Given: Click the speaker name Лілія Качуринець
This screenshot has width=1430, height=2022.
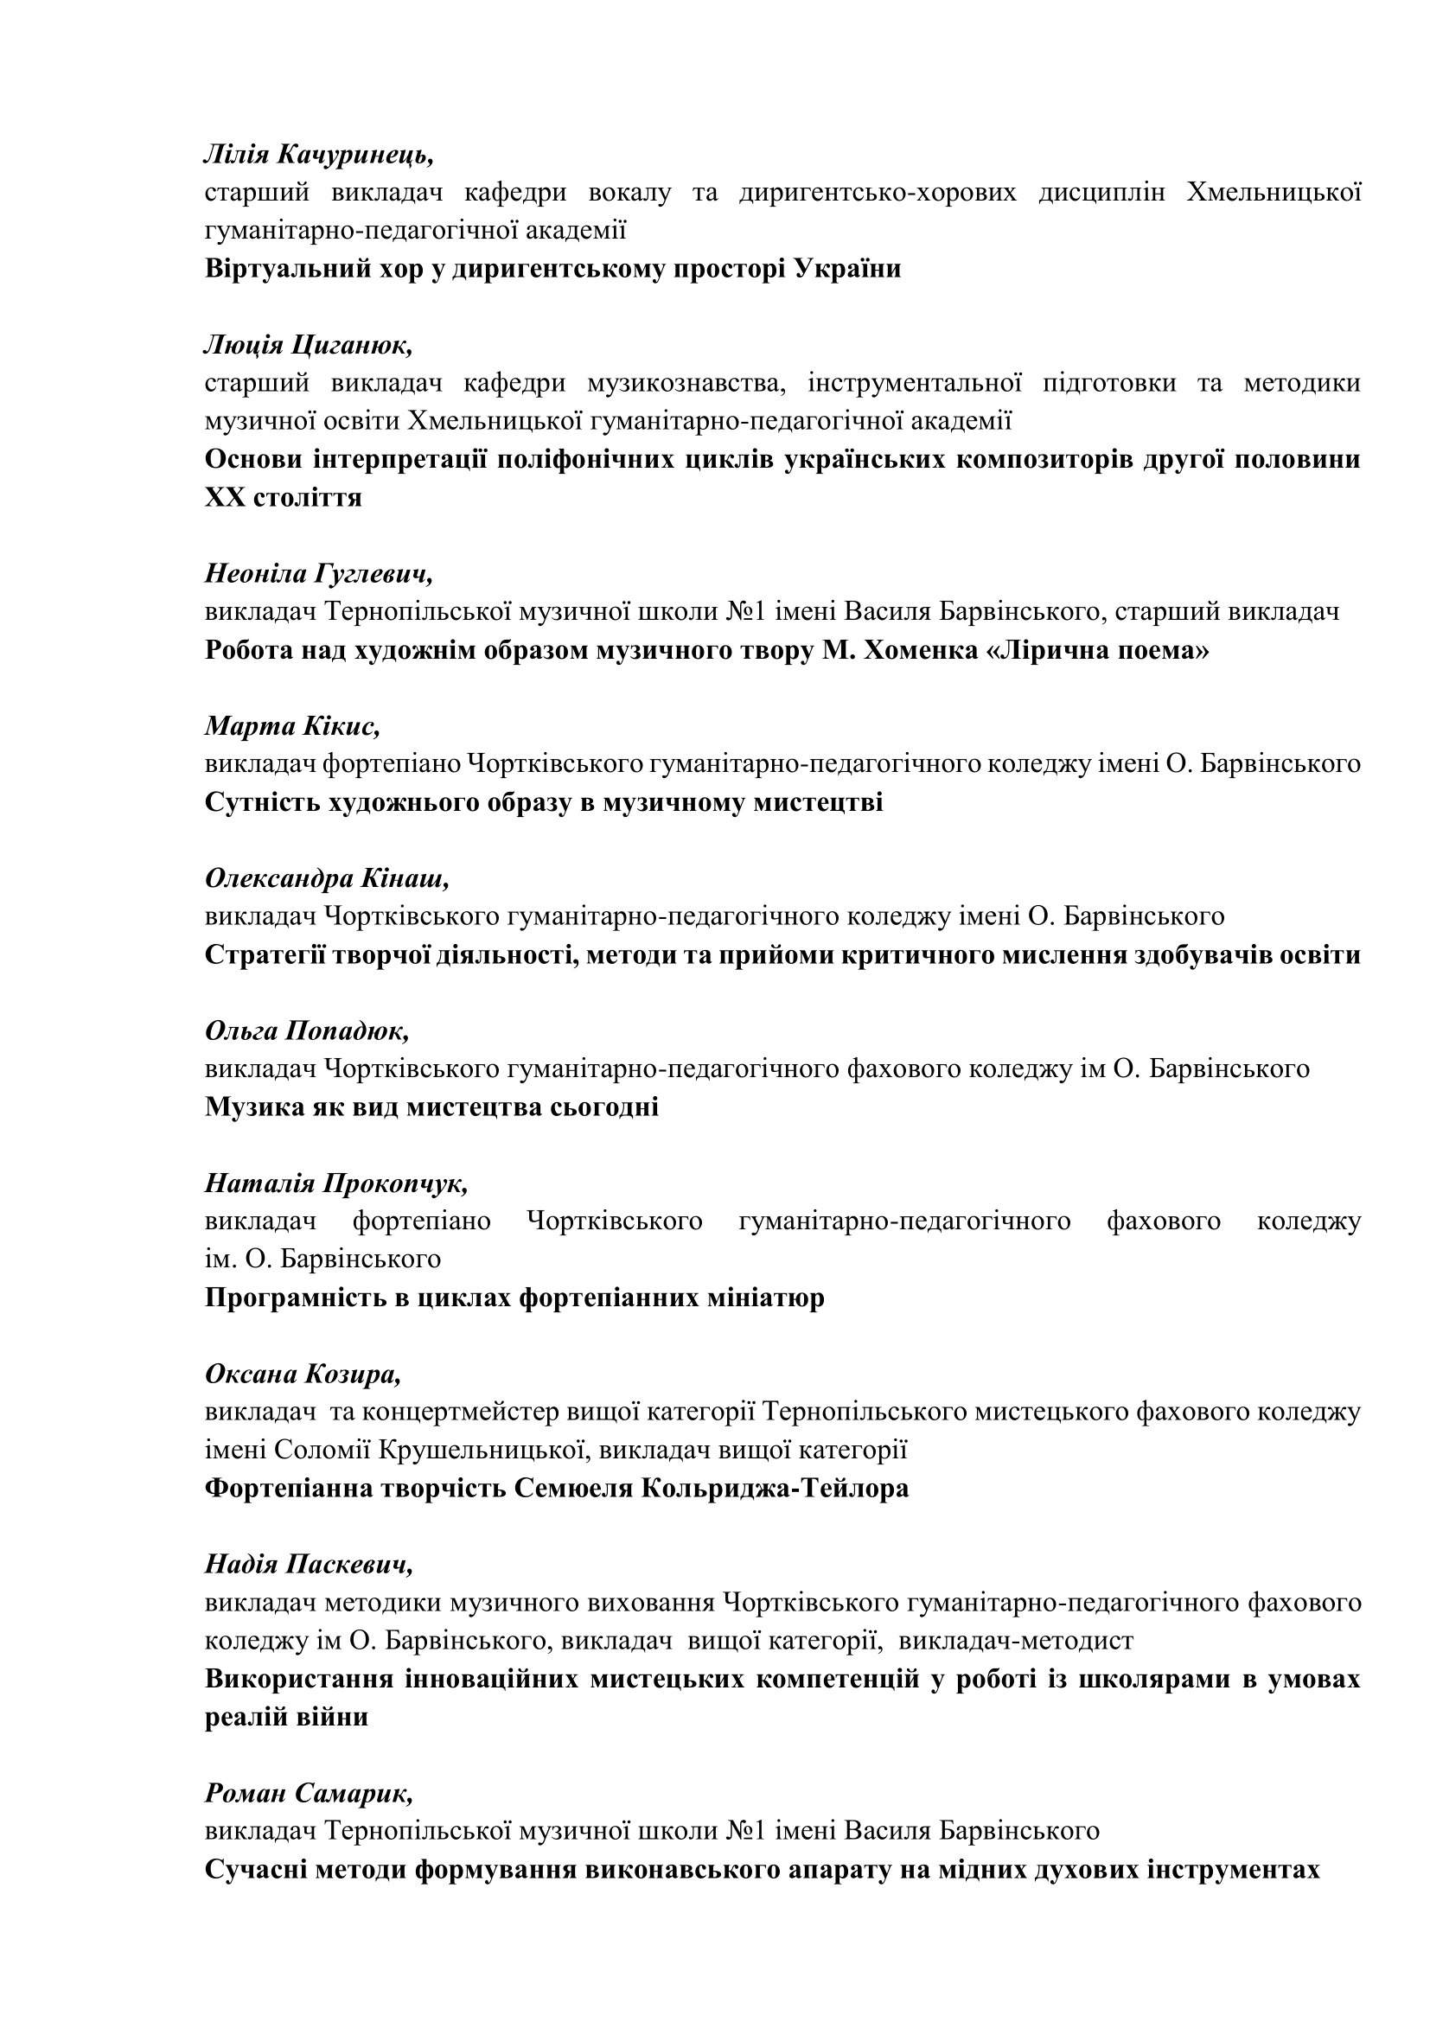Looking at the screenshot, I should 319,155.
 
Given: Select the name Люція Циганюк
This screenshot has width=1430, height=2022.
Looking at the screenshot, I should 308,345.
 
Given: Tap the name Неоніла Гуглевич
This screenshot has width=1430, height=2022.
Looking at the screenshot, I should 319,574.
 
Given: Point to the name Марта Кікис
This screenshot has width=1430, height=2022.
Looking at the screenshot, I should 292,726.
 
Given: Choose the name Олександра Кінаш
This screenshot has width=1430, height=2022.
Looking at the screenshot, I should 327,879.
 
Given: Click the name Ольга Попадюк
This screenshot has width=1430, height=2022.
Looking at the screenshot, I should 306,1030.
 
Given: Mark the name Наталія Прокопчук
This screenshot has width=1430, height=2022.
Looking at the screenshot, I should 336,1183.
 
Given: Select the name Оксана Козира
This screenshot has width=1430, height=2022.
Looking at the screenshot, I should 303,1374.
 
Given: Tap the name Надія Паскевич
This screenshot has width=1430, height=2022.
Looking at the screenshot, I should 309,1564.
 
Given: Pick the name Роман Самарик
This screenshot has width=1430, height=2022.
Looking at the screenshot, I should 309,1792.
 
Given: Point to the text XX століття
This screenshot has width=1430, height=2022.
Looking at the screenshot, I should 284,498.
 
